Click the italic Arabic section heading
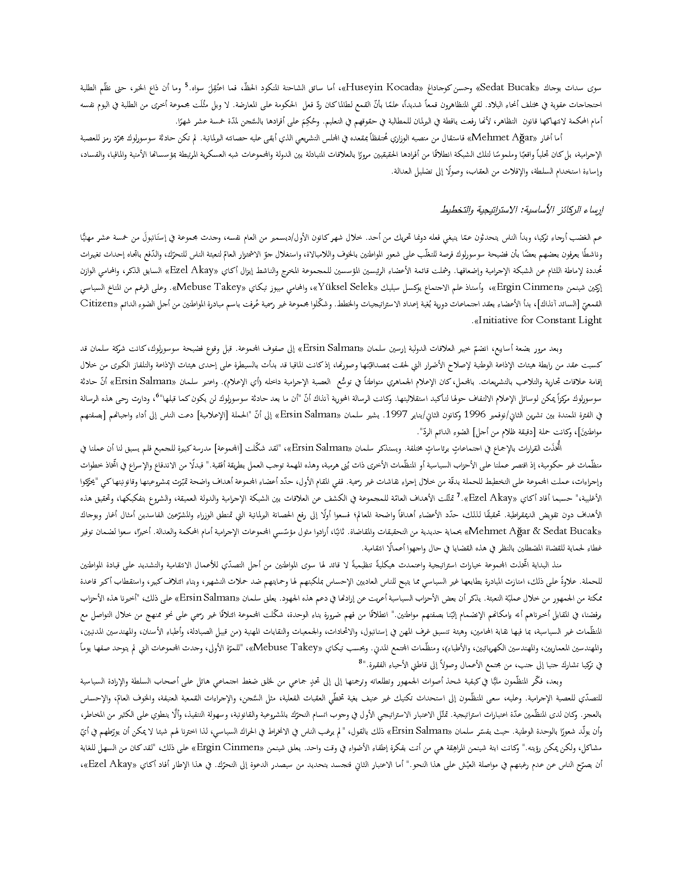tap(522, 210)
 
